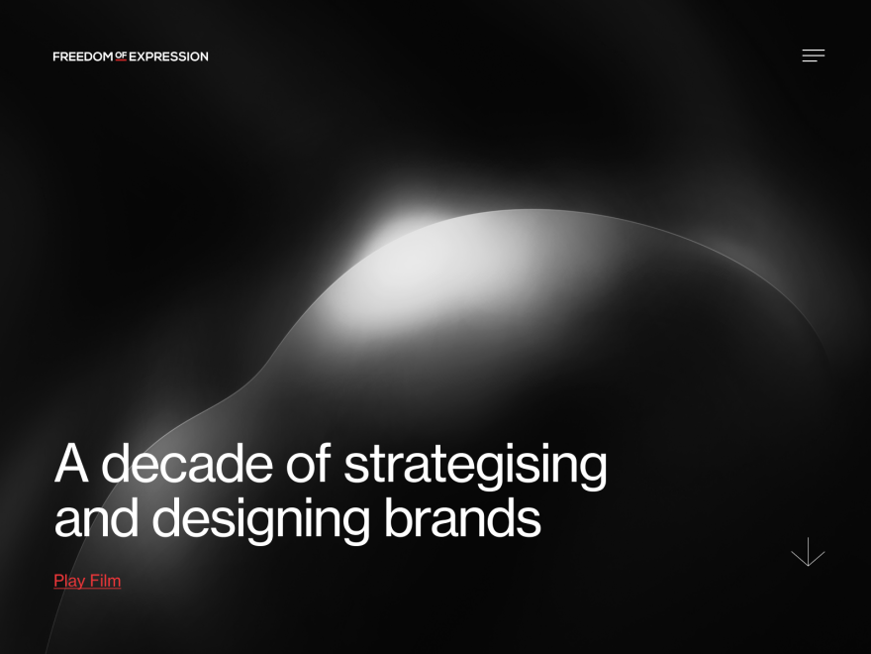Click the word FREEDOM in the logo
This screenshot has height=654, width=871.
point(83,56)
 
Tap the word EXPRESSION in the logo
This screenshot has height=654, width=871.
point(168,56)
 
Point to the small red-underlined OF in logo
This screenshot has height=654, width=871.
point(121,55)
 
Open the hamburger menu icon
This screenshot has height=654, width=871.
point(814,55)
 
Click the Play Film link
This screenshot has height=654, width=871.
point(87,581)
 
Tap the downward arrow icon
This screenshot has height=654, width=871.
point(808,552)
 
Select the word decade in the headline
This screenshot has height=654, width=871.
point(187,464)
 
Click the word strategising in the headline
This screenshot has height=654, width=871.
point(475,466)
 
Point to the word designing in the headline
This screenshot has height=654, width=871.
point(260,519)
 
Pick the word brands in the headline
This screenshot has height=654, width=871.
point(462,516)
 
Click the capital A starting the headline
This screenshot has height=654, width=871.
point(71,463)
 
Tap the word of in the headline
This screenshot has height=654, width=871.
point(308,463)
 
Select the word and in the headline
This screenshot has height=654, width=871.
point(96,516)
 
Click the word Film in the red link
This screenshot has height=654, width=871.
point(105,581)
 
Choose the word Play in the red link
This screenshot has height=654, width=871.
point(69,581)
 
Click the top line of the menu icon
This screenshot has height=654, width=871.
point(814,51)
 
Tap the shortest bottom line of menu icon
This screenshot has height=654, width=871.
point(810,61)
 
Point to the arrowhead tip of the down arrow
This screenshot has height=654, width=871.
point(808,566)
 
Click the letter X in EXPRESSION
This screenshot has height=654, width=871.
point(142,56)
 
